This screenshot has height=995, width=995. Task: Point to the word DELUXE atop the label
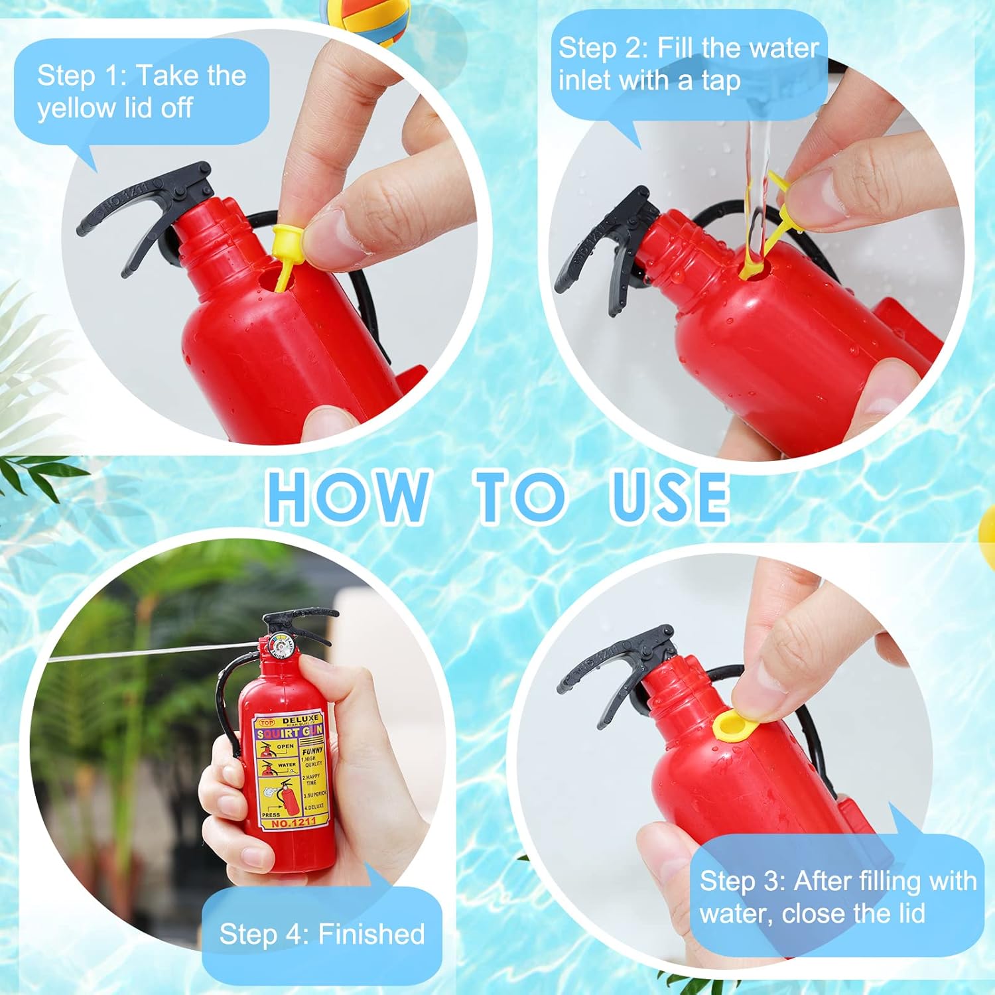[300, 720]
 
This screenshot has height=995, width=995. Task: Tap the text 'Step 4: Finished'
[322, 934]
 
